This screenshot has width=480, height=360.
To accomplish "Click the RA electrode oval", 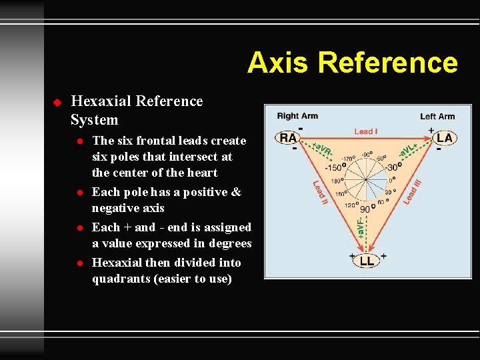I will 288,138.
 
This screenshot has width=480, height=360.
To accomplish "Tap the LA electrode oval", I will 445,138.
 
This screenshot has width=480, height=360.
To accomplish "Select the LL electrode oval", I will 367,261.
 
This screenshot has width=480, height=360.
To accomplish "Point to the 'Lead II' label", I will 321,193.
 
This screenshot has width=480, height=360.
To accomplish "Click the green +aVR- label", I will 323,148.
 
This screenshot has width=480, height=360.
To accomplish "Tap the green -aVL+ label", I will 408,151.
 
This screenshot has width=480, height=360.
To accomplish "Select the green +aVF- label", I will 361,227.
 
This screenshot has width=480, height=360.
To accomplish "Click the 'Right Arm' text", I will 297,116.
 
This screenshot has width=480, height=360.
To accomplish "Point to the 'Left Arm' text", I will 437,116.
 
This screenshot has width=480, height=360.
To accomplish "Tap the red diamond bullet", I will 57,102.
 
